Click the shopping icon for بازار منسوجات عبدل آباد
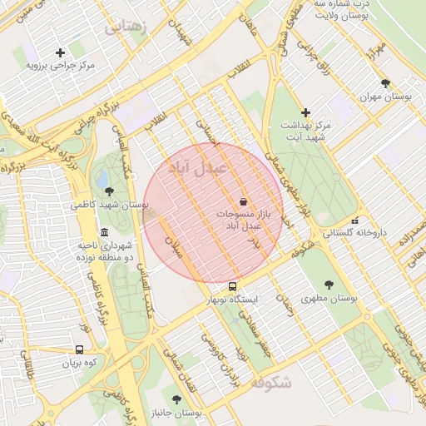click(x=242, y=201)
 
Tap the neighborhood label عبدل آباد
click(x=198, y=169)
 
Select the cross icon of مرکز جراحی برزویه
click(x=60, y=52)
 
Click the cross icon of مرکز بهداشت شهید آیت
click(x=305, y=112)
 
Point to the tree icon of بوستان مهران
click(x=384, y=83)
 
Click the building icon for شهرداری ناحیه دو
click(x=103, y=232)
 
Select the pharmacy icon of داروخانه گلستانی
click(x=355, y=221)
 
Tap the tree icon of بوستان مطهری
click(x=329, y=284)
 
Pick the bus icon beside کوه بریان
click(x=79, y=350)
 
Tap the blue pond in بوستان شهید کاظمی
click(x=102, y=179)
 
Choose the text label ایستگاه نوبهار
click(x=234, y=297)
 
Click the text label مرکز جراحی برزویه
click(x=60, y=64)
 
